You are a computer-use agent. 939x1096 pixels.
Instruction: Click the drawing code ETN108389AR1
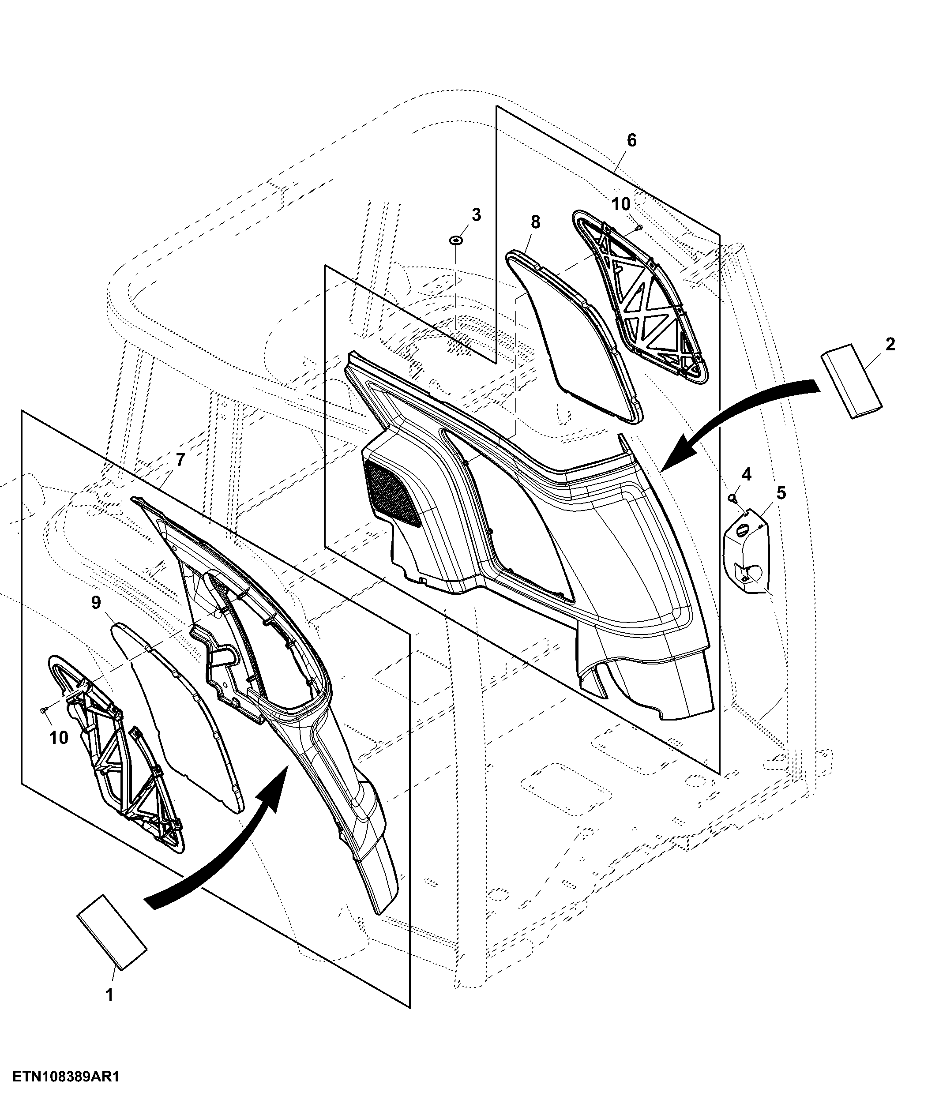click(67, 1077)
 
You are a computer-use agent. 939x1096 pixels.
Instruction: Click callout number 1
click(109, 995)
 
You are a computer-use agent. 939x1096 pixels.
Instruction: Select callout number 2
click(890, 344)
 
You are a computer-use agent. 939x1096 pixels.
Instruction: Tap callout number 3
click(476, 215)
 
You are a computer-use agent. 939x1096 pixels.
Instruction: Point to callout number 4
click(747, 474)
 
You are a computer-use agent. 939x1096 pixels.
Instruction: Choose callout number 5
click(781, 493)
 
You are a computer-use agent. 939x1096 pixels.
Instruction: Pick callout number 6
click(631, 140)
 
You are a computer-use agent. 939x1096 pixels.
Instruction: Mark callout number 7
click(180, 460)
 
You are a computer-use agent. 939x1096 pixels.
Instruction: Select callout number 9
click(96, 602)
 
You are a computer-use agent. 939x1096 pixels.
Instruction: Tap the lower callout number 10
click(59, 738)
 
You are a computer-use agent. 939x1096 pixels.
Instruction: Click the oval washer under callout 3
click(455, 240)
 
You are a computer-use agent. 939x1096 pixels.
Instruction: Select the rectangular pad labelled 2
click(852, 381)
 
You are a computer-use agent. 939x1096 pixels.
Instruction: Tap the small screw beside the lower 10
click(43, 708)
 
